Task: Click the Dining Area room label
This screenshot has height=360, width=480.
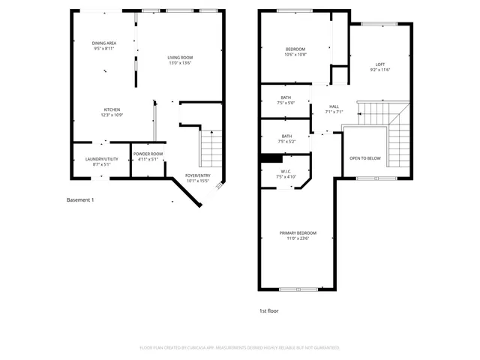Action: tap(103, 43)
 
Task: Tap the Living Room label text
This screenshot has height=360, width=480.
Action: tap(180, 58)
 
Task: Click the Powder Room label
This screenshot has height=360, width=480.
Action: tap(148, 154)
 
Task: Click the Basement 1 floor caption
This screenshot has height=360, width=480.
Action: tap(80, 200)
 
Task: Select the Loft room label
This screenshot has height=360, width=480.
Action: tap(380, 64)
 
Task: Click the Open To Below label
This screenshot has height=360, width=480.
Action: tap(365, 158)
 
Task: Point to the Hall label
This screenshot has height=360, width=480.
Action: tap(333, 106)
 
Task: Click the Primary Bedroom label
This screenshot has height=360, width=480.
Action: tap(298, 233)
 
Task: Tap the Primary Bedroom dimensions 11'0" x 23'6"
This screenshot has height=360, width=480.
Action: tap(298, 239)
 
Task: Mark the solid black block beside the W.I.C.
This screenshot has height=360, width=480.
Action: tap(270, 157)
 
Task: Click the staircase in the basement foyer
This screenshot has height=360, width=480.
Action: tap(211, 148)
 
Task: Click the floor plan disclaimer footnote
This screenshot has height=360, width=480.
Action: tap(240, 348)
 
